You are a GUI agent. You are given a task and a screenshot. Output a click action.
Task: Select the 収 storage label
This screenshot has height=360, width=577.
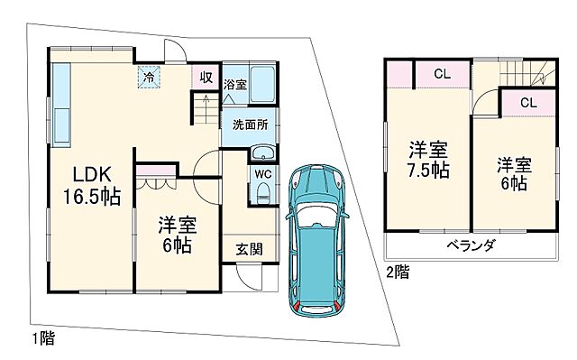tap(206, 78)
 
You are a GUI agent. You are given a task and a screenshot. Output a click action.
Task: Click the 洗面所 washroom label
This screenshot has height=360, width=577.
tap(249, 124)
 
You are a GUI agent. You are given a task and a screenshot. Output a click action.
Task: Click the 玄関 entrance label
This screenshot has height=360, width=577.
tap(250, 248)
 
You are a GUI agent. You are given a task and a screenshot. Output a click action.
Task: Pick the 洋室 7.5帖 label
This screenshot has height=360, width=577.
tap(426, 159)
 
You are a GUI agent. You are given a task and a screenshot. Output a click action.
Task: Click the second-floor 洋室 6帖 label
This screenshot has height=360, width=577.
tap(515, 174)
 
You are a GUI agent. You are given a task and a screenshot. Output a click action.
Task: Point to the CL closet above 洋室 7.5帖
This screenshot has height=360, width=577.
tap(441, 75)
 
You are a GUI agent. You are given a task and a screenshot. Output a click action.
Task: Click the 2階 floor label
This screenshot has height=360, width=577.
tap(397, 270)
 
